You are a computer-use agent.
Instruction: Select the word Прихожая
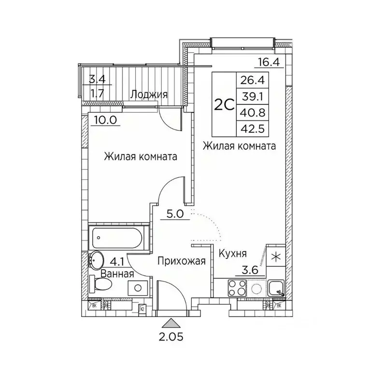click(x=182, y=261)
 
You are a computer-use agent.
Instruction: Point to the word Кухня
click(x=233, y=253)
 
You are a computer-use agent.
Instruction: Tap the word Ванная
click(x=117, y=273)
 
